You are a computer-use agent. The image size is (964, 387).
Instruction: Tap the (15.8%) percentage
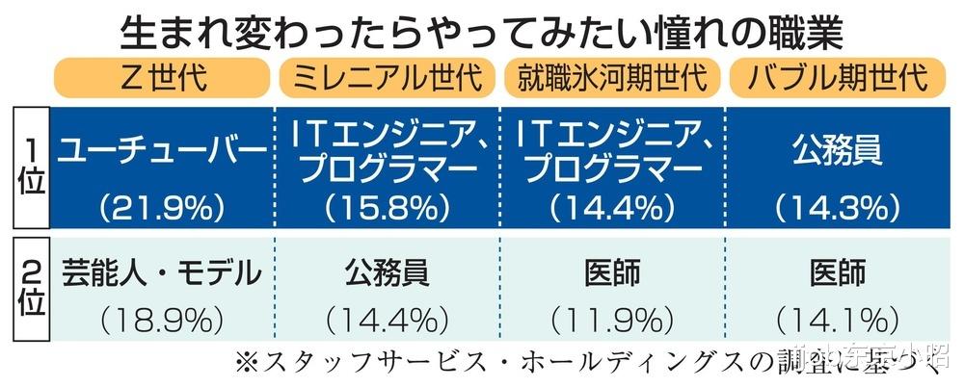tap(388, 205)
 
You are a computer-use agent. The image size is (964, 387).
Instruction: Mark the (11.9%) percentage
tap(612, 318)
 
